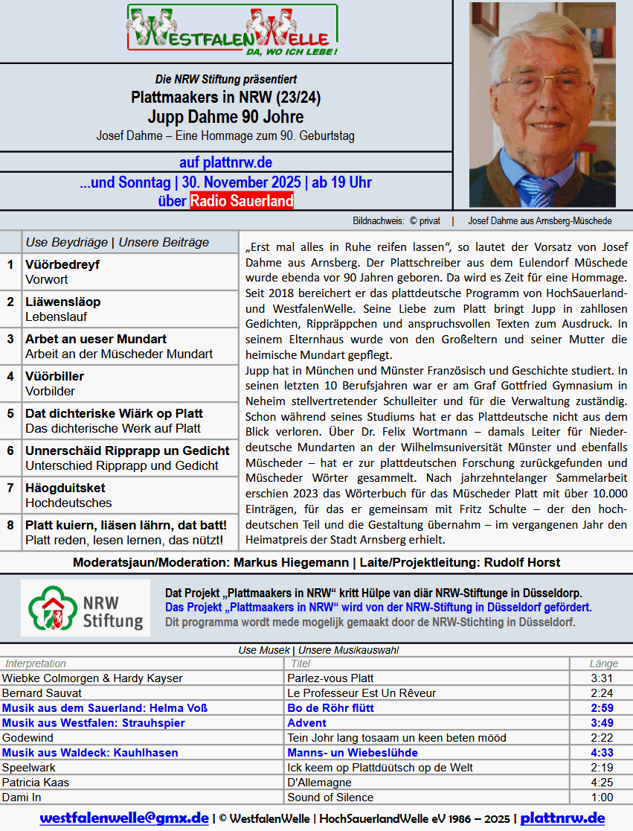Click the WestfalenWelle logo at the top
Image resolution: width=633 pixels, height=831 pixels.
click(232, 31)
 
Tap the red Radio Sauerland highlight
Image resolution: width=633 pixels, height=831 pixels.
click(242, 201)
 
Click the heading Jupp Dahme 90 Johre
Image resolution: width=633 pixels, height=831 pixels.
click(225, 117)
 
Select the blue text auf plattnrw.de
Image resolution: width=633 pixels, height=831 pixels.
click(225, 162)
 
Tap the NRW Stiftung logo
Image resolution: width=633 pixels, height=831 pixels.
click(86, 608)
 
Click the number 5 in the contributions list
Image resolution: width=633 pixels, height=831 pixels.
click(10, 413)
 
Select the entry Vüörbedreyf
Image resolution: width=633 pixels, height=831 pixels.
click(62, 264)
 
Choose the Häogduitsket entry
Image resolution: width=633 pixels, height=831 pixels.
click(65, 488)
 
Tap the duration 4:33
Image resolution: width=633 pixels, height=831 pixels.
click(602, 753)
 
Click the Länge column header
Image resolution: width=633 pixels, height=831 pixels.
click(603, 663)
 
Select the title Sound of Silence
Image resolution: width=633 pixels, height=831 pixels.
click(330, 797)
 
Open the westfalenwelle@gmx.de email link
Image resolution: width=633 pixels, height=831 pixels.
click(124, 818)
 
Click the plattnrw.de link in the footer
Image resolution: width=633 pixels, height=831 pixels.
click(562, 818)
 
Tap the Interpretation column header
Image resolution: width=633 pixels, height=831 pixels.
click(36, 663)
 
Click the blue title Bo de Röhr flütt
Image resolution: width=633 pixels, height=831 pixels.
click(330, 708)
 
